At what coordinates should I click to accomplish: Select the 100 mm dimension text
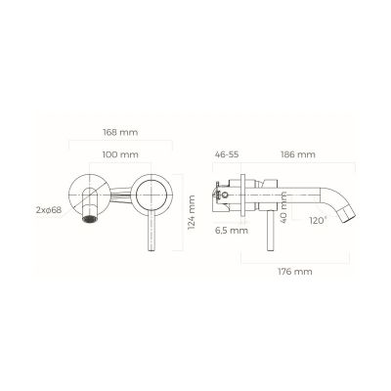119,155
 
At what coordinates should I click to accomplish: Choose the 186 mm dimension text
297,155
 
